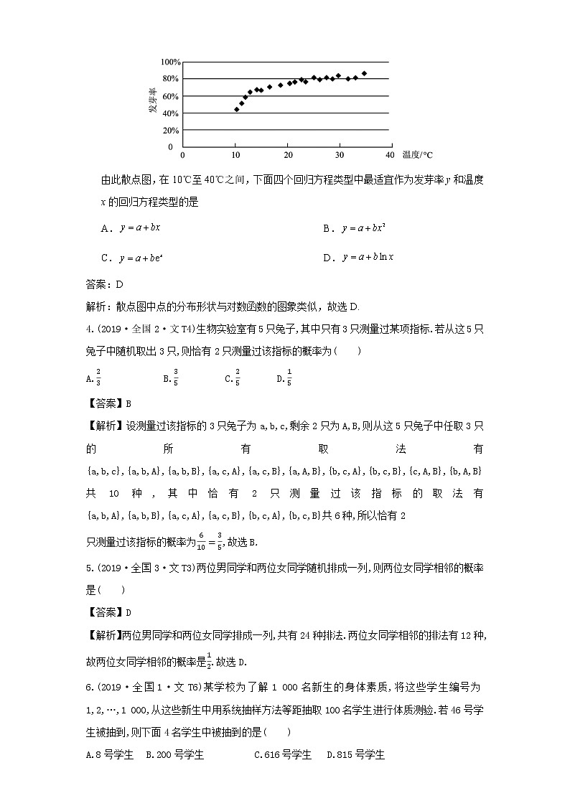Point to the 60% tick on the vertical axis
[168, 96]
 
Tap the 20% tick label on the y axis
[168, 131]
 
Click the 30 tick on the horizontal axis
[338, 155]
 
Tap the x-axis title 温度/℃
[418, 155]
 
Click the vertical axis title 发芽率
[152, 100]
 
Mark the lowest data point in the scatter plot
[236, 109]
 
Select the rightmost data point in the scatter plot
[364, 73]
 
